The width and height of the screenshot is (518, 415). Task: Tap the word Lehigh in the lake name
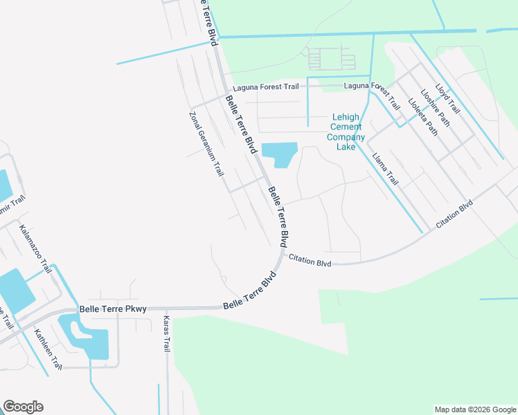coord(346,118)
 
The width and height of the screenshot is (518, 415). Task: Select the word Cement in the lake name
coord(346,127)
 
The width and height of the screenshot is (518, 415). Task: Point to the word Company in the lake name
coord(346,137)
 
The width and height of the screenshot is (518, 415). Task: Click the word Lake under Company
coord(346,147)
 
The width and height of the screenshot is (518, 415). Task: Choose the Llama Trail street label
coord(385,169)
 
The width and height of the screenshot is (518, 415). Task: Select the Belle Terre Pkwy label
coord(113,309)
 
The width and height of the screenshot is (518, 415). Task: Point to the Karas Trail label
coord(166,334)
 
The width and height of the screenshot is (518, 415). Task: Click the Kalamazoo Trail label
coord(35,248)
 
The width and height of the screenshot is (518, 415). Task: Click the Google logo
coord(23,407)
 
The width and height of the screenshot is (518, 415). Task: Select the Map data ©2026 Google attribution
coord(475,409)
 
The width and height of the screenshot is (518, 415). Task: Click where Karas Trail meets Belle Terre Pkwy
coord(167,308)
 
